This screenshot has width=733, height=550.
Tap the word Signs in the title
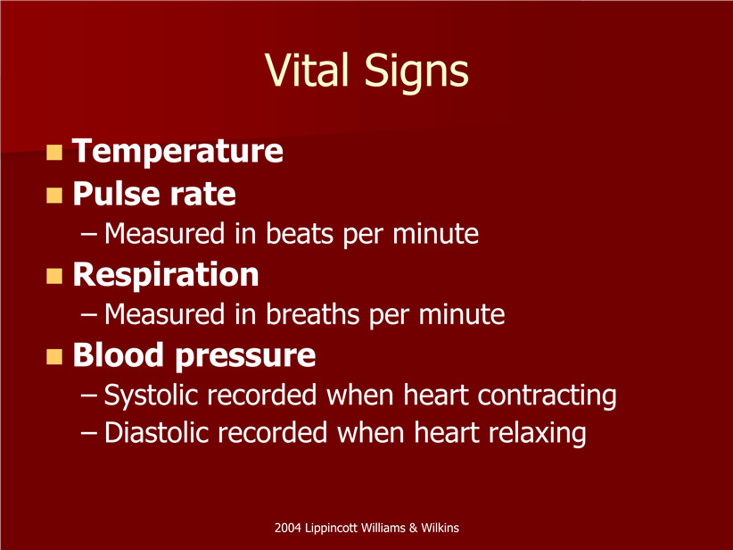click(x=416, y=72)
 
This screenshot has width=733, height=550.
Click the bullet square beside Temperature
click(x=54, y=152)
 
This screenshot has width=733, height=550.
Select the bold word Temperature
click(x=177, y=151)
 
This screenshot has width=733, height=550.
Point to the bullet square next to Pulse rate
click(x=54, y=196)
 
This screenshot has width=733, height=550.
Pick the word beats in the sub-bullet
click(x=300, y=233)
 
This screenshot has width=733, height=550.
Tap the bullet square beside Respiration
click(x=54, y=276)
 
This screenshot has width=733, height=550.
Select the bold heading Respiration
click(x=166, y=276)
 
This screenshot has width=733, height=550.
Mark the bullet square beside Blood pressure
click(x=54, y=356)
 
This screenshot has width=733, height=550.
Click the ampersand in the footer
click(x=413, y=528)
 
